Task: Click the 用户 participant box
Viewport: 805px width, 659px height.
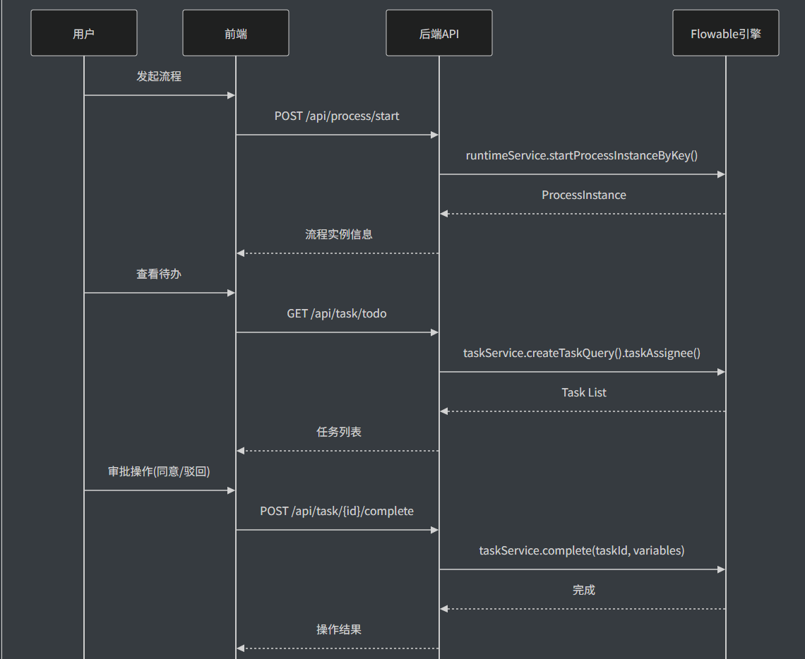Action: click(84, 33)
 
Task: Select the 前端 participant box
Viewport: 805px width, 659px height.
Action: click(236, 33)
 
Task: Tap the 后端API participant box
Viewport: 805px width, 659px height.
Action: click(439, 33)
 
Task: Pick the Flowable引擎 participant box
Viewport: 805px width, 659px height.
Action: click(725, 33)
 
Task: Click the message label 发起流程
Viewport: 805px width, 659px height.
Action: click(159, 76)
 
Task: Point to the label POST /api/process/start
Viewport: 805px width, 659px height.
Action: click(337, 116)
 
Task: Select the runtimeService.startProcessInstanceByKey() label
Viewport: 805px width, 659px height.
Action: click(582, 155)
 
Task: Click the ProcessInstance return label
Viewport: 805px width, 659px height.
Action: click(584, 195)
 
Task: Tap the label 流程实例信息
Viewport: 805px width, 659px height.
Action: click(339, 234)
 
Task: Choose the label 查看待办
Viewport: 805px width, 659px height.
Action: click(159, 274)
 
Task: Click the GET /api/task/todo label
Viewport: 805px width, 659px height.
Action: click(337, 313)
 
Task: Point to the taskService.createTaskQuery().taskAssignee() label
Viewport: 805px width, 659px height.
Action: click(582, 353)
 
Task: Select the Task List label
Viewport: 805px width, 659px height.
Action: click(584, 392)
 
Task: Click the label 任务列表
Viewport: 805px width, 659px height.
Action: click(339, 432)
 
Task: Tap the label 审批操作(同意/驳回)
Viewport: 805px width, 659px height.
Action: click(159, 471)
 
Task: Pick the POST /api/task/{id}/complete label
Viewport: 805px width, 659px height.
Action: click(337, 511)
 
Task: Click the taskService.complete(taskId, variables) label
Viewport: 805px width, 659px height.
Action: click(582, 550)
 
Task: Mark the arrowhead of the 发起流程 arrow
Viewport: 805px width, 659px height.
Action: click(231, 95)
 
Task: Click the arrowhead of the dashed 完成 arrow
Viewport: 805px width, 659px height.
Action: click(444, 609)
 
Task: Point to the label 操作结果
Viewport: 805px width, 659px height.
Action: click(339, 629)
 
